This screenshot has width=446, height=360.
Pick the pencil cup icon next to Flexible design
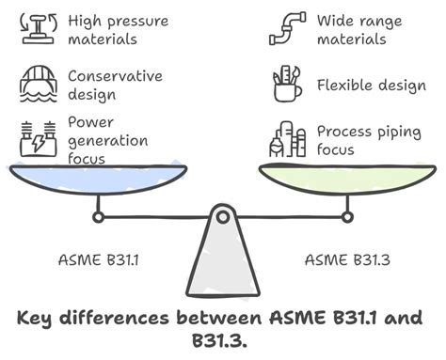coord(286,86)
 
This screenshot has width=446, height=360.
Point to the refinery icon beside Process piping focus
coord(286,138)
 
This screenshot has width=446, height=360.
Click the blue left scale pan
coord(94,179)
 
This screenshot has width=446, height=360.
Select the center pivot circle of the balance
coord(222,217)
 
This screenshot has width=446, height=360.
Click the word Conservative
coord(115,76)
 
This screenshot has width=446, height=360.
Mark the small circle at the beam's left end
coord(97,217)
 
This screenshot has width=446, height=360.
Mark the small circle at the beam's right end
coord(347,217)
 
